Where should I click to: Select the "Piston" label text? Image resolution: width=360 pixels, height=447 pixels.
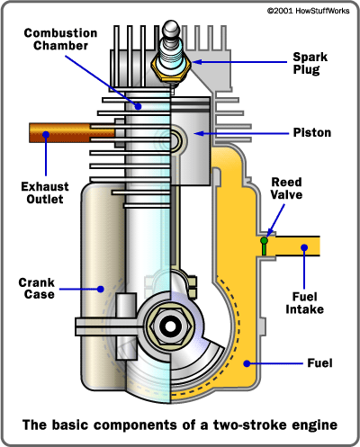[x=311, y=132]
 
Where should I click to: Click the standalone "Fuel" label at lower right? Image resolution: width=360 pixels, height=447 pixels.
[x=319, y=363]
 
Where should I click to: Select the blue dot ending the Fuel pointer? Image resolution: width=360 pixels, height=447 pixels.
[x=249, y=363]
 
